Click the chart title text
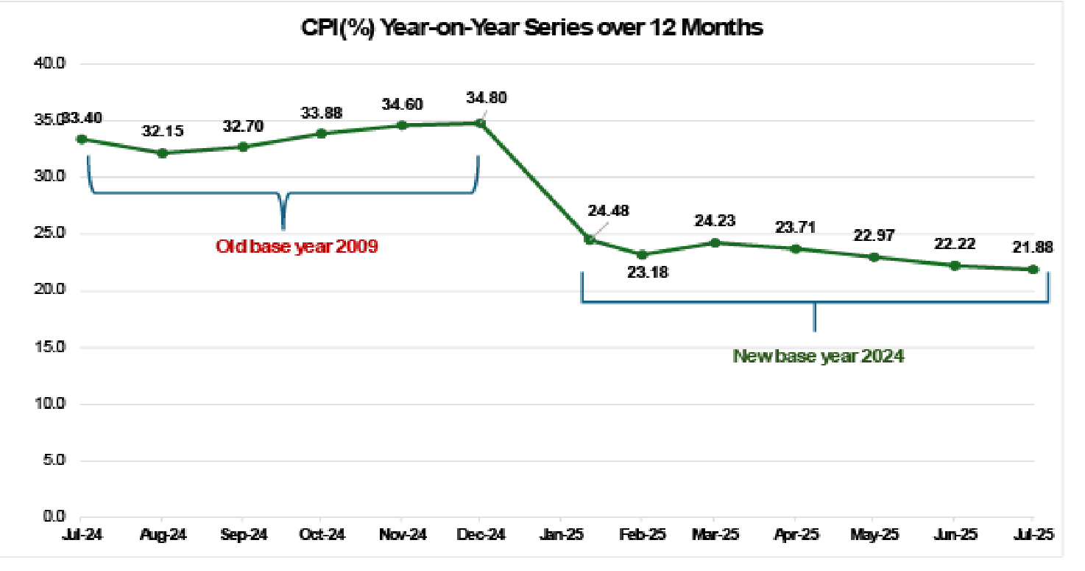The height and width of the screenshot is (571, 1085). point(532,27)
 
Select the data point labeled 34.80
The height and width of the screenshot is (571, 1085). point(481,123)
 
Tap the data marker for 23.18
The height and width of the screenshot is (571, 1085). point(642,254)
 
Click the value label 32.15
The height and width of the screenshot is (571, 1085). point(163,131)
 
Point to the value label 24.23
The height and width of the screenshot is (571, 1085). point(713,220)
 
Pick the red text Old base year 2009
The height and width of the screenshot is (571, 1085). point(297,246)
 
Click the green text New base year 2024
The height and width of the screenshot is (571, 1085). point(818,356)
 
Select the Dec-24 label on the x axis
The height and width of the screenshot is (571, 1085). point(481,534)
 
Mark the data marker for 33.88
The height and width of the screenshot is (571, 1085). point(322,133)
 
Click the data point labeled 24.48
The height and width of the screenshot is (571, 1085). point(589,239)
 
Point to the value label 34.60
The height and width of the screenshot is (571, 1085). point(402,105)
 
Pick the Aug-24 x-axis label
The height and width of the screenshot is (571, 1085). point(163,534)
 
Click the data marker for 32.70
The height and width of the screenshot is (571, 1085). point(242,147)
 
